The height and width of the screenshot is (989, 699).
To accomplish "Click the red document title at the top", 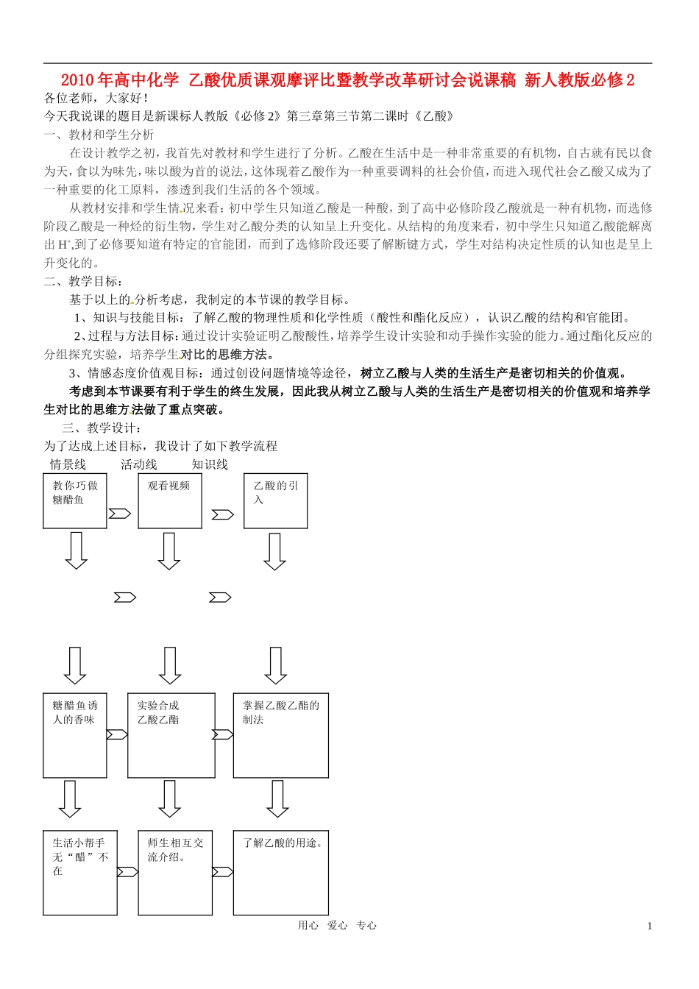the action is tap(347, 80).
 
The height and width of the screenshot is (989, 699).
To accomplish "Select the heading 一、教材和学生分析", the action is tap(99, 135).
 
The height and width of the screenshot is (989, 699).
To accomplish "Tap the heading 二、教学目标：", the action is tap(84, 281).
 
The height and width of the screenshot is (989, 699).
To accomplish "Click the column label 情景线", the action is tap(68, 464).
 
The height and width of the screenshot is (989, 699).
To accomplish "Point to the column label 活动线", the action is tap(139, 464).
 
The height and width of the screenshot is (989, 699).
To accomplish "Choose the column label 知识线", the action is tap(210, 464).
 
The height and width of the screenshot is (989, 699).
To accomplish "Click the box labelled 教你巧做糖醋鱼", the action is tap(75, 501).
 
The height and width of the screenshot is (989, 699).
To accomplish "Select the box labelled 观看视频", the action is tap(170, 501).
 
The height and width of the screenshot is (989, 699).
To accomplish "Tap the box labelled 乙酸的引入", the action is tap(276, 501).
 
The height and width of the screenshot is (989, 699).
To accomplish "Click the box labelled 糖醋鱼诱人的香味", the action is tap(75, 735).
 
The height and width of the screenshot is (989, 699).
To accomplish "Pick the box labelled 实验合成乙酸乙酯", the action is tap(171, 735).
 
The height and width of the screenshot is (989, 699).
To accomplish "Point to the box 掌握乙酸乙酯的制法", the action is tap(281, 735).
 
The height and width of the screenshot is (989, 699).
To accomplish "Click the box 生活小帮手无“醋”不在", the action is tap(80, 873).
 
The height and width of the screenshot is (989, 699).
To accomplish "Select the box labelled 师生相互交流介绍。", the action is tap(175, 873).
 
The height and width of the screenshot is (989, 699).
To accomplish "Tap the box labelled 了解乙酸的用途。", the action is tap(281, 873).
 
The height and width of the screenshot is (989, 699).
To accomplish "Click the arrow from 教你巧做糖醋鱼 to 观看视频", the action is tap(119, 514).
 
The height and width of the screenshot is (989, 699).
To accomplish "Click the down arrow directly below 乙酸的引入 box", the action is tap(274, 552).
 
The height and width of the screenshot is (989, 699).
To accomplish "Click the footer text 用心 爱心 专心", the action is tap(337, 926).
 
